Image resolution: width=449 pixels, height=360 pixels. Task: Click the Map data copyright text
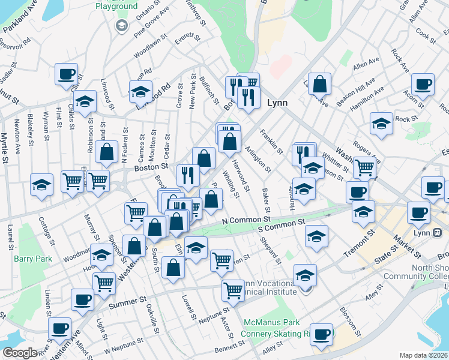(424, 355)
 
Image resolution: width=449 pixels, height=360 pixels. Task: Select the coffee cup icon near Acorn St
(423, 85)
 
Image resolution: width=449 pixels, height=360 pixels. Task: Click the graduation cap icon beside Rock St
(381, 123)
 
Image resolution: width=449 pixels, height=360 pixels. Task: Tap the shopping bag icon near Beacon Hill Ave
(321, 85)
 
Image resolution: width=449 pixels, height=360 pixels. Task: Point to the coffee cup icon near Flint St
(66, 74)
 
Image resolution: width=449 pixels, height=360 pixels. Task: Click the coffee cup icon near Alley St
(321, 334)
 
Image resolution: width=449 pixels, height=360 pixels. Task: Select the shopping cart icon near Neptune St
(233, 290)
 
